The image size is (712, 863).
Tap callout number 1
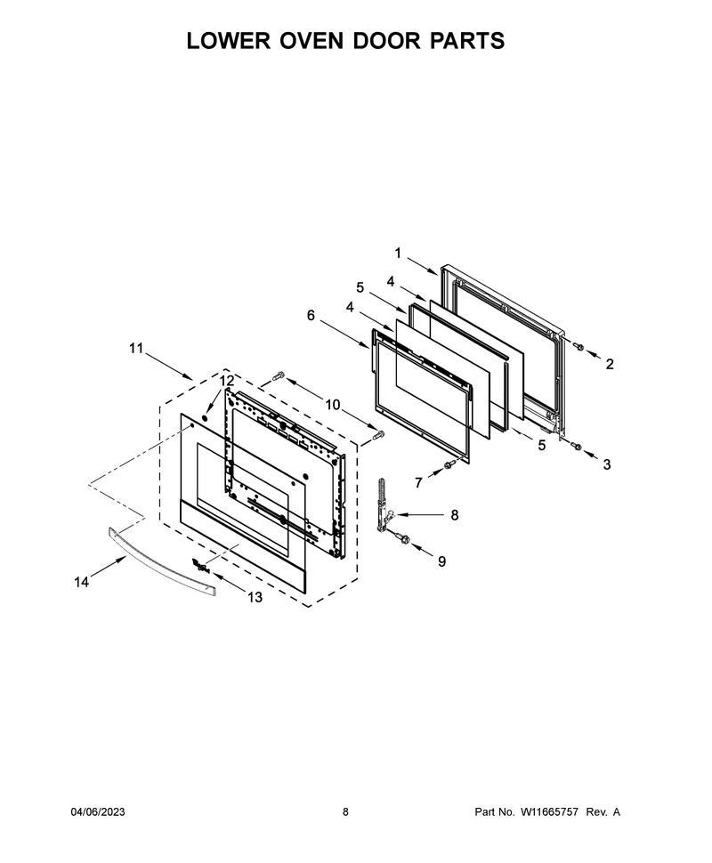coord(398,254)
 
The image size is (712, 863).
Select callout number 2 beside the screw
coord(610,364)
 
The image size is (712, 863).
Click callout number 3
coord(607,464)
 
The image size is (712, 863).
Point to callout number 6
coord(311,315)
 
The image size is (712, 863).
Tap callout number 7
coord(418,483)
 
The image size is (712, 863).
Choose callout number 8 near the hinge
coord(454,514)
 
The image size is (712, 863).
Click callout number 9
coord(441,561)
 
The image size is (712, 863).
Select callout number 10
coord(333,405)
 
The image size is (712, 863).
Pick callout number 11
coord(136,348)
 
